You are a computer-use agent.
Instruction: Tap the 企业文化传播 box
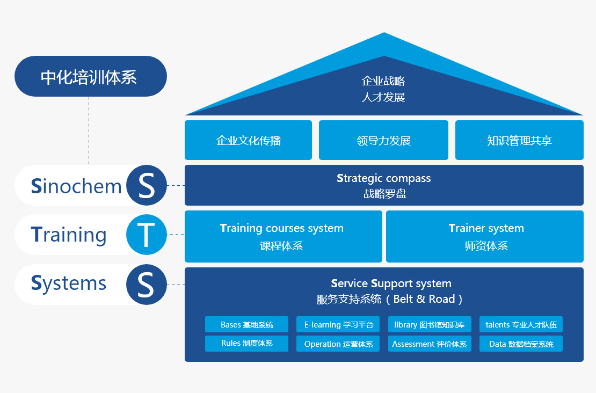(x=248, y=140)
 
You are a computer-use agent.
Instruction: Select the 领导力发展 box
(x=383, y=140)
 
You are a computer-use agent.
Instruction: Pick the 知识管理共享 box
(x=519, y=140)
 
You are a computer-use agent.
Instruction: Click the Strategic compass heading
(x=384, y=178)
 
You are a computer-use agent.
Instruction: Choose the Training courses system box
(x=283, y=236)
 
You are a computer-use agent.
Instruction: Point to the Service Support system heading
(x=391, y=283)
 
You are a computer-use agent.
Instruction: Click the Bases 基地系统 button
(x=247, y=324)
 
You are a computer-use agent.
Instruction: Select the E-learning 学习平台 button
(x=338, y=324)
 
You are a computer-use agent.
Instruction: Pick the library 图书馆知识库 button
(x=430, y=324)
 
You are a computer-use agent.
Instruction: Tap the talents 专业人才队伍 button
(x=521, y=324)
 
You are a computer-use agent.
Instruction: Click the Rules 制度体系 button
(x=247, y=344)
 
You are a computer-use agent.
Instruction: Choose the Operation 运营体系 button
(x=338, y=344)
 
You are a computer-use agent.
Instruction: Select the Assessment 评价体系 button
(x=430, y=344)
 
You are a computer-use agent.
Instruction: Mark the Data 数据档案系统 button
(x=521, y=344)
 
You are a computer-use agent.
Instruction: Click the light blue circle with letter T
(x=146, y=235)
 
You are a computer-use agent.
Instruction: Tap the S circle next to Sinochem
(x=146, y=185)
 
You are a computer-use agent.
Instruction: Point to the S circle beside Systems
(x=146, y=284)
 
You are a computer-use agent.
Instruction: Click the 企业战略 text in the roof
(x=383, y=81)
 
